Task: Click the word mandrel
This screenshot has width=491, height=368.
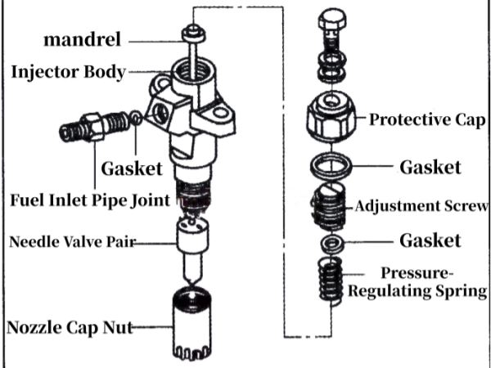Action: click(83, 39)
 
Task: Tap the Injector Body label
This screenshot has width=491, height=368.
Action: click(69, 72)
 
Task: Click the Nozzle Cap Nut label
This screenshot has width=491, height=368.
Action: click(69, 328)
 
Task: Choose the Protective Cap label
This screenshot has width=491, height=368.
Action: click(426, 120)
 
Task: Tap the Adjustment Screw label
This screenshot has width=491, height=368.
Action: click(421, 205)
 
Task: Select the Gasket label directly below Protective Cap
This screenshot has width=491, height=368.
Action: click(430, 168)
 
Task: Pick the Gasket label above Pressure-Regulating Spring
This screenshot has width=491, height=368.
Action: click(430, 240)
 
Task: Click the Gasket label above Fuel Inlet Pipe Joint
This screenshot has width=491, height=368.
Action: click(132, 169)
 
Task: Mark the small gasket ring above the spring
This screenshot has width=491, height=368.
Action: click(331, 244)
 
